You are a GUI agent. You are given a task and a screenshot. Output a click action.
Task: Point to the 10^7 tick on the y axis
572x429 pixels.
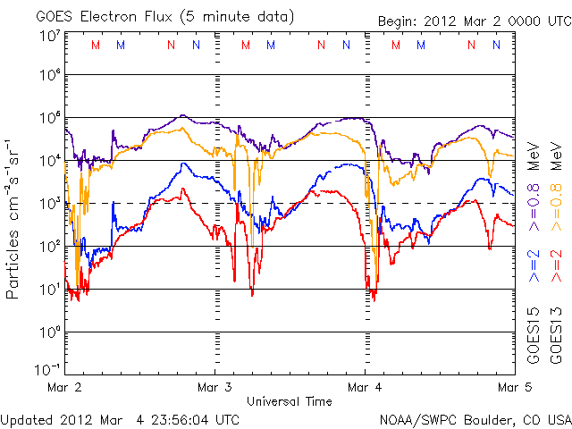point(48,35)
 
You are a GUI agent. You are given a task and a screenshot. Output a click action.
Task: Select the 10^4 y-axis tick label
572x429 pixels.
point(48,161)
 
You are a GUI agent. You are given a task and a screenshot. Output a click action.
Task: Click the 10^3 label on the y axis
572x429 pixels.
point(48,204)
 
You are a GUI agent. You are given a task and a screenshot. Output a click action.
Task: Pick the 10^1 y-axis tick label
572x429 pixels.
point(48,289)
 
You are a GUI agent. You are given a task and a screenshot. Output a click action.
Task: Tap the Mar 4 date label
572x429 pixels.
point(365,388)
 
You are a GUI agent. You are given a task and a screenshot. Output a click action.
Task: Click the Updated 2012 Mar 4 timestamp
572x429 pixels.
point(120,419)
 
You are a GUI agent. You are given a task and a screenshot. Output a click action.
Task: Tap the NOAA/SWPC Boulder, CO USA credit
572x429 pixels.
point(474,419)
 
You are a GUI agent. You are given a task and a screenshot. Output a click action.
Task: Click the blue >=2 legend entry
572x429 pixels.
point(534,266)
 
